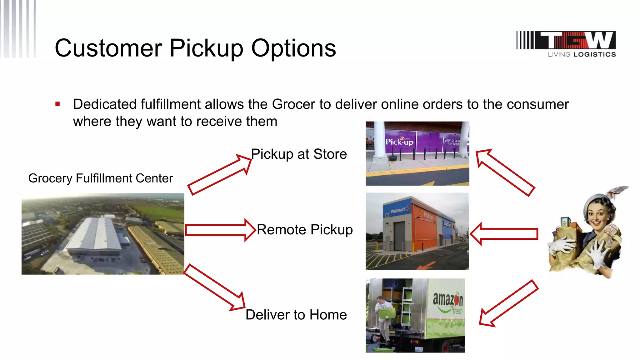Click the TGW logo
(566, 44)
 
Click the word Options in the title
(293, 48)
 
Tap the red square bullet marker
(57, 104)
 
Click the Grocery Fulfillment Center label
(100, 178)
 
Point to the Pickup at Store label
(299, 154)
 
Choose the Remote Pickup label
(305, 230)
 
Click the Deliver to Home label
(296, 315)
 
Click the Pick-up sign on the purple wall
(399, 142)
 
